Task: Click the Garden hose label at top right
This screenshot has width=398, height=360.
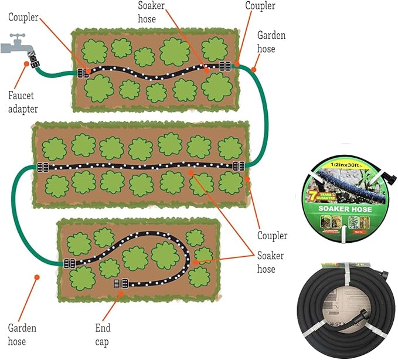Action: pos(271,42)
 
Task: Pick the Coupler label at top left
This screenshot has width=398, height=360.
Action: pos(23,17)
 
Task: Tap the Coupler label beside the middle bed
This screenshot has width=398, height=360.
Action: pos(273,236)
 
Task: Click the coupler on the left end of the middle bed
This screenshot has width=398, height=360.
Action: pos(42,167)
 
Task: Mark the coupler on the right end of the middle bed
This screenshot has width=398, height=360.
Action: pos(238,167)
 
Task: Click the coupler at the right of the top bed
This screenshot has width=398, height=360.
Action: pos(223,66)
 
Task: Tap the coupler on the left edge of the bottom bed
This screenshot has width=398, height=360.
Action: pos(69,263)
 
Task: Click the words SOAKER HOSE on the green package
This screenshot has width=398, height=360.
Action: pos(345,209)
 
